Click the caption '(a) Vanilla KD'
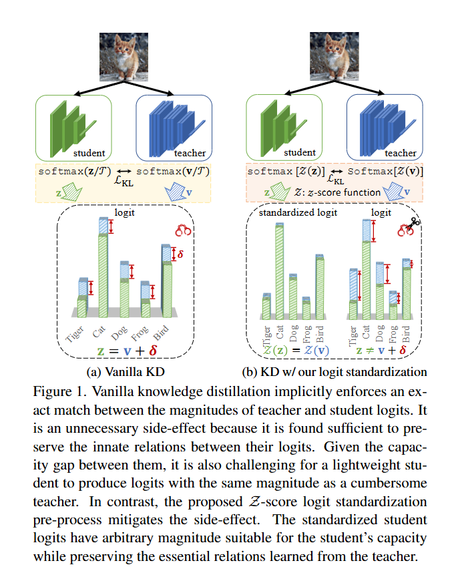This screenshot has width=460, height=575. click(x=126, y=371)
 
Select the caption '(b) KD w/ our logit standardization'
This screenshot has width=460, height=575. click(x=334, y=371)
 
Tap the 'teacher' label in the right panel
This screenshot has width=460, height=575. click(x=401, y=153)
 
